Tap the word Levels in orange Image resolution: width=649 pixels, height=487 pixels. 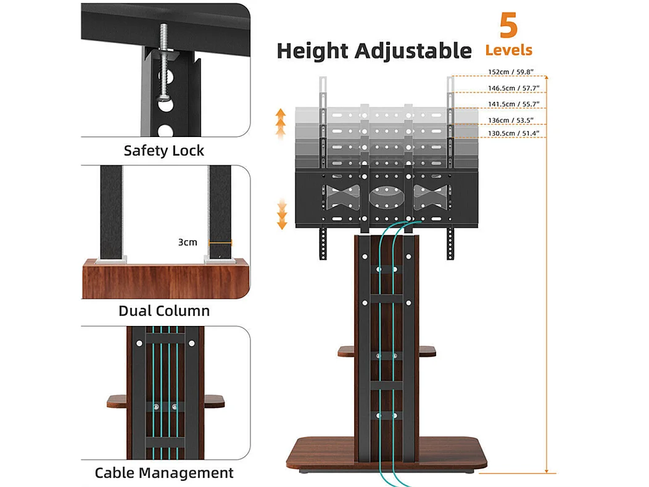coord(508,50)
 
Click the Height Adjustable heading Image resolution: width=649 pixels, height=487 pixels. coord(374,50)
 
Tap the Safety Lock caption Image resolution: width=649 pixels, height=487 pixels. coord(163,151)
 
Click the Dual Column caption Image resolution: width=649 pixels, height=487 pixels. coord(164,310)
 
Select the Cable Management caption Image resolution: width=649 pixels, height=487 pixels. coord(164,473)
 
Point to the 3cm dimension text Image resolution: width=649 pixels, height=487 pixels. coord(188,242)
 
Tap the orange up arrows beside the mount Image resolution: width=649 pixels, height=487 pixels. coord(281,122)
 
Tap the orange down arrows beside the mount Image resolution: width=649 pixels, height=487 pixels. coord(282,214)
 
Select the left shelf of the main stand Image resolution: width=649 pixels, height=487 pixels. coord(345,351)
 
